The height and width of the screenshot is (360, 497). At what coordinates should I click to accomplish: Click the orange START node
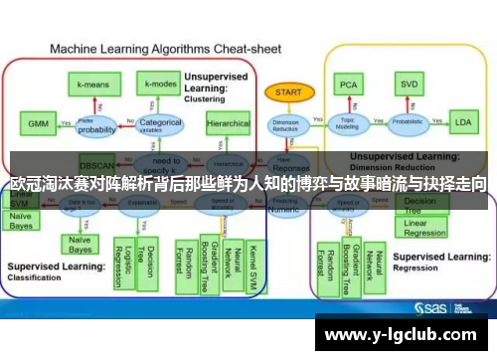[x=285, y=92]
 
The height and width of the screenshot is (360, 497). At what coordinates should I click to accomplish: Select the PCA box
[x=349, y=84]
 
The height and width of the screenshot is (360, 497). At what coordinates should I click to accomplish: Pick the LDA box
[x=462, y=123]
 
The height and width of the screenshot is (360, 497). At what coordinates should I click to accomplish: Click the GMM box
[x=38, y=123]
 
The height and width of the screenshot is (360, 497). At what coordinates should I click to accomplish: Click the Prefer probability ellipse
[x=97, y=124]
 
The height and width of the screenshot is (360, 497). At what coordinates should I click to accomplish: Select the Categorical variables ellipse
[x=160, y=124]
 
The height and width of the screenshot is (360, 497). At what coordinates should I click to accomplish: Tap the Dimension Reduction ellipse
[x=285, y=124]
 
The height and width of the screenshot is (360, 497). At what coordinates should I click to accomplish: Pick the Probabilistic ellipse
[x=408, y=124]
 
